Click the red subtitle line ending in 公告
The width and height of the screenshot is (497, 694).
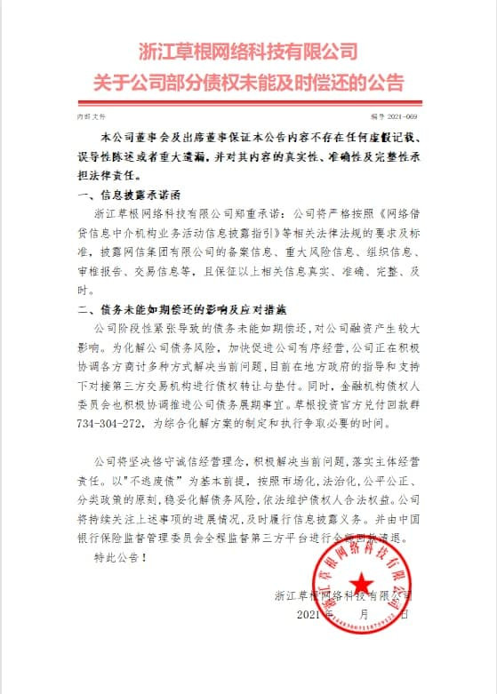click(x=248, y=84)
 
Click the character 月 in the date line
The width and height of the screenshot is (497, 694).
click(x=365, y=614)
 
